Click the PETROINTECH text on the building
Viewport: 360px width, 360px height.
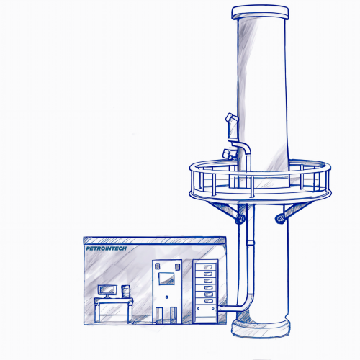(107, 248)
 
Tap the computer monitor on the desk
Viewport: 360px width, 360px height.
(107, 291)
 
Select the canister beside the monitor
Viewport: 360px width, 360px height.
(126, 292)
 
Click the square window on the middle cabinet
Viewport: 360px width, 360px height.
(166, 279)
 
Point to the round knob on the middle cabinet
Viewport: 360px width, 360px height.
(167, 297)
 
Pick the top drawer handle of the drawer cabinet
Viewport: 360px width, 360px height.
(208, 267)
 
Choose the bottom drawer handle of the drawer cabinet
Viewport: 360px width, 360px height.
(208, 301)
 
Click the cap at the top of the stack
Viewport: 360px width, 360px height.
(260, 12)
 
